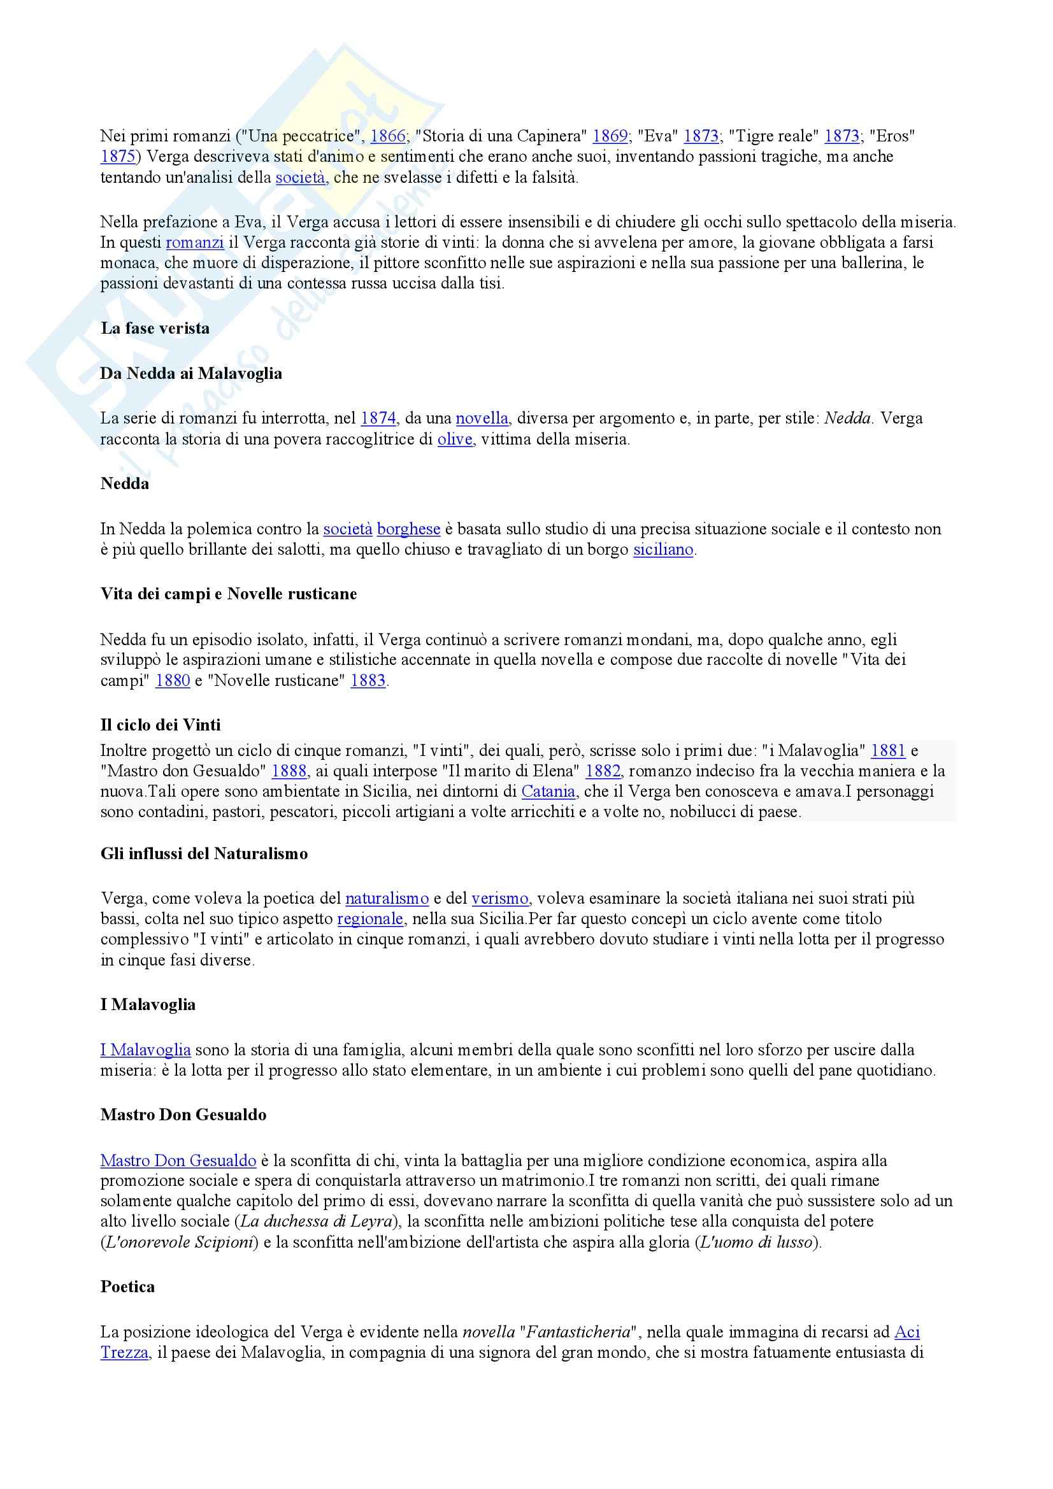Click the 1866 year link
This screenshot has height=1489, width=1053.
click(387, 136)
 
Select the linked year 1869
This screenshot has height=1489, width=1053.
click(610, 136)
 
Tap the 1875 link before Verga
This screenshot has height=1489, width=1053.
click(117, 156)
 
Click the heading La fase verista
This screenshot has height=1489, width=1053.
click(155, 328)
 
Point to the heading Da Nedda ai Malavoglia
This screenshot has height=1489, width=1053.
click(191, 374)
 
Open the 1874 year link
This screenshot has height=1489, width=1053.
click(378, 418)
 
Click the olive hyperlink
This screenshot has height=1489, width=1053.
click(455, 439)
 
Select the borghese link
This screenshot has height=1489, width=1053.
click(409, 529)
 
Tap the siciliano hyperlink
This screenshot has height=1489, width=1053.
click(663, 550)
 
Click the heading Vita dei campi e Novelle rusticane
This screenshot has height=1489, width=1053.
click(229, 594)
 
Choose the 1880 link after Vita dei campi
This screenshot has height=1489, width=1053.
click(173, 681)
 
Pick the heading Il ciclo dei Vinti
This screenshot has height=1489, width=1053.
click(161, 725)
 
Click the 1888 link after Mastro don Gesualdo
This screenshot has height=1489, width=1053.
click(289, 771)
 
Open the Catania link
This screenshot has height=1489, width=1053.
click(548, 791)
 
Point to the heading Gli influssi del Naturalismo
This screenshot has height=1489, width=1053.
click(204, 854)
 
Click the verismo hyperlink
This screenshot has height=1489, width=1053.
click(499, 899)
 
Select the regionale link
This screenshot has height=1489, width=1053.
click(370, 919)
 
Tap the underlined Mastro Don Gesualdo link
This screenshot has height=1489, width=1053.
click(178, 1161)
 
